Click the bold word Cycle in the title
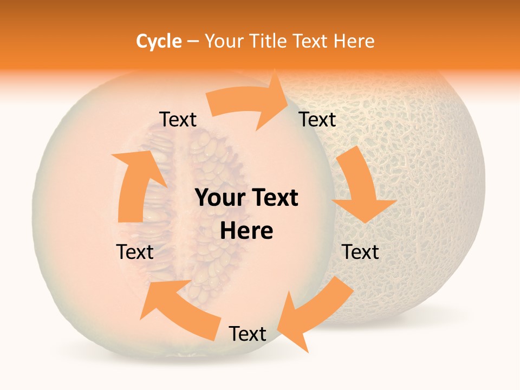[159, 41]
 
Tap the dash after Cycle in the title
[193, 41]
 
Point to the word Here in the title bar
[354, 41]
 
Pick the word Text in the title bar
[313, 41]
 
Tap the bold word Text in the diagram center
[276, 198]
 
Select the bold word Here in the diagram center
[246, 231]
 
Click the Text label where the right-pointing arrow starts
[178, 120]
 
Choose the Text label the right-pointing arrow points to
[317, 120]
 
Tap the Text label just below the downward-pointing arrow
[360, 252]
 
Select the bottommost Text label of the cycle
[248, 334]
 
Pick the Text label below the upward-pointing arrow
[135, 252]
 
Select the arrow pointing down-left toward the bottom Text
[314, 314]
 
